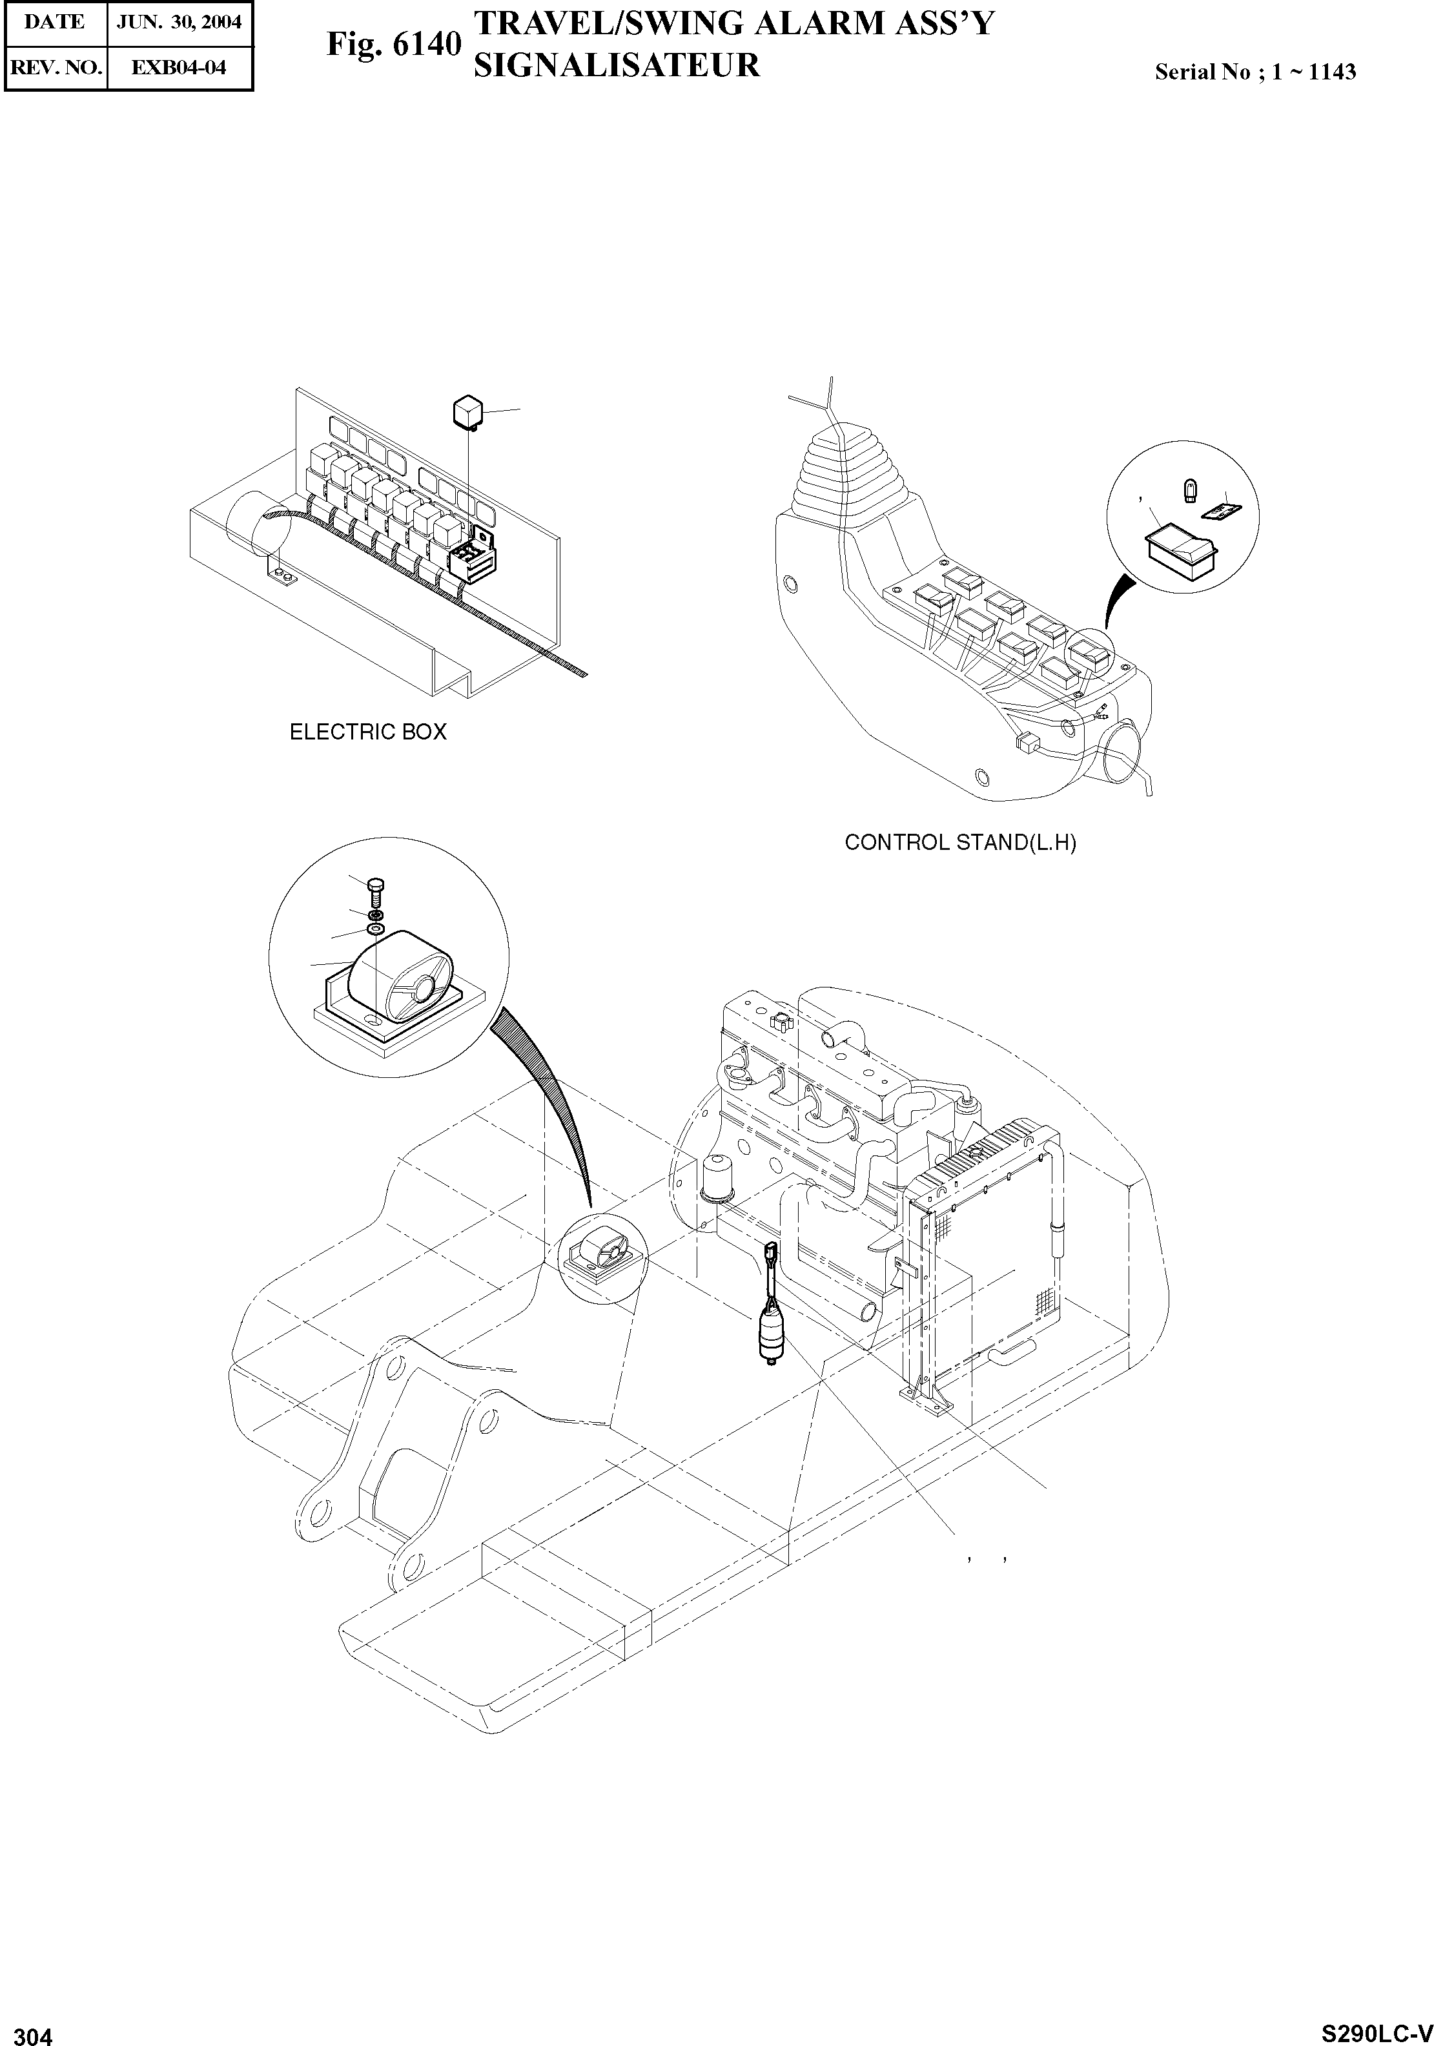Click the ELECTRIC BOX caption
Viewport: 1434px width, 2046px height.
point(368,732)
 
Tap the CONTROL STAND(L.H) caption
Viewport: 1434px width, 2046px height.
point(959,842)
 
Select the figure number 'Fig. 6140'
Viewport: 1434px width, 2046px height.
point(394,44)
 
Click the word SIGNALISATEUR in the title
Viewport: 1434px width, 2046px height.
point(617,65)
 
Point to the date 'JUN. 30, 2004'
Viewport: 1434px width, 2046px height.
point(179,22)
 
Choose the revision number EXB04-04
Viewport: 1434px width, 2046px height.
point(179,67)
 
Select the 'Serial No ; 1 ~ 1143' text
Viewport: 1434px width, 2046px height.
point(1254,72)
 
